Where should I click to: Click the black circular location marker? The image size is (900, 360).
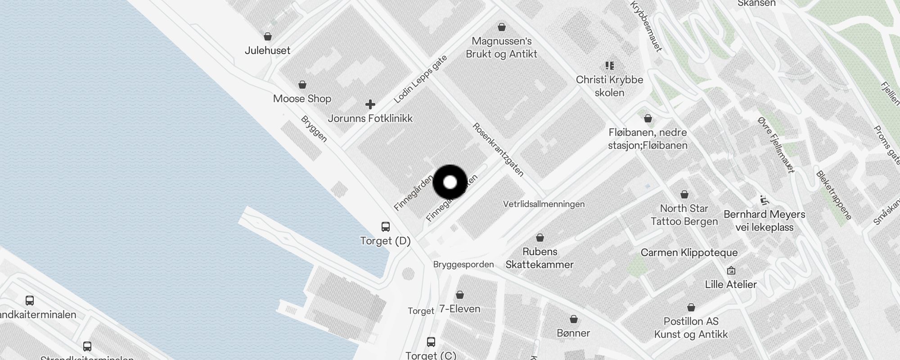pyautogui.click(x=450, y=182)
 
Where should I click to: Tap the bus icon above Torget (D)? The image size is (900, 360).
pyautogui.click(x=386, y=226)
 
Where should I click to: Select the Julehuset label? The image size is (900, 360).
pyautogui.click(x=267, y=50)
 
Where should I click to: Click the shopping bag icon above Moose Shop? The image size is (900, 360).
pyautogui.click(x=302, y=85)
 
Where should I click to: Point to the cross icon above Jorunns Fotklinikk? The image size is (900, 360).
pyautogui.click(x=370, y=104)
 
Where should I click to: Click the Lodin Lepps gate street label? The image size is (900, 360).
pyautogui.click(x=420, y=79)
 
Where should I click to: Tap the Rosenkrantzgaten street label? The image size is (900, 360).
pyautogui.click(x=498, y=149)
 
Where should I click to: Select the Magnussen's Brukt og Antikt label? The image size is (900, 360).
pyautogui.click(x=502, y=47)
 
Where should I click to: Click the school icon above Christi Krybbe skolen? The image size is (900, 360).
pyautogui.click(x=610, y=66)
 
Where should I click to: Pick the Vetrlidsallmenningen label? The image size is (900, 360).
pyautogui.click(x=544, y=204)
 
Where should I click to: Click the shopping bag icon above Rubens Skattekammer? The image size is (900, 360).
pyautogui.click(x=540, y=237)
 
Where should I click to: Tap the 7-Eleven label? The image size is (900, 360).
pyautogui.click(x=459, y=309)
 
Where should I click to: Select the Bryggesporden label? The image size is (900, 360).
pyautogui.click(x=463, y=264)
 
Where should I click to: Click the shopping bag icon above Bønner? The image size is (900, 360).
pyautogui.click(x=574, y=319)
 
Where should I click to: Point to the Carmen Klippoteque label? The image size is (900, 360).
pyautogui.click(x=689, y=252)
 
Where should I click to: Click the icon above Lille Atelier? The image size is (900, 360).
pyautogui.click(x=731, y=270)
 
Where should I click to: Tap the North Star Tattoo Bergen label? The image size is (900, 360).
pyautogui.click(x=684, y=215)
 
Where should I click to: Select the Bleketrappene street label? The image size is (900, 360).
pyautogui.click(x=834, y=195)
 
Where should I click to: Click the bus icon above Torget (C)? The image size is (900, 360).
pyautogui.click(x=431, y=342)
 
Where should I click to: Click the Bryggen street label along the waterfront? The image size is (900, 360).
pyautogui.click(x=314, y=129)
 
